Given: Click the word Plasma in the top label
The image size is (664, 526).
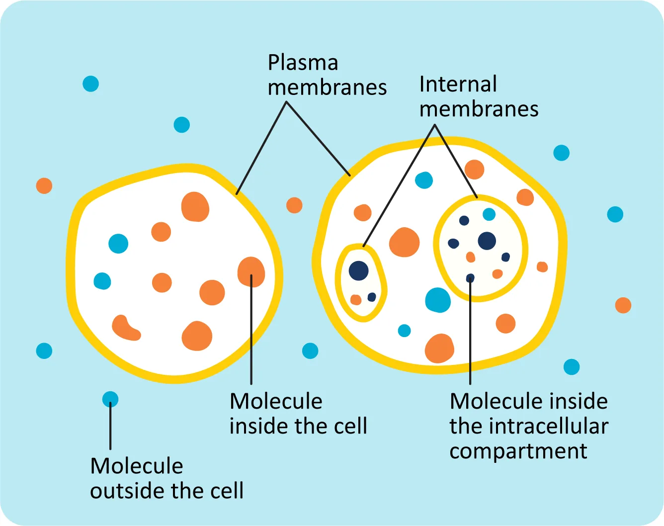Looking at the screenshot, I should coord(303,64).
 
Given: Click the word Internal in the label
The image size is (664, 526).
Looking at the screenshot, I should coord(458,85).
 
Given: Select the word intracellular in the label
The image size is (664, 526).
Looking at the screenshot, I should coord(548,426).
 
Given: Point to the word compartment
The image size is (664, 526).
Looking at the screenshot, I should coord(518,451).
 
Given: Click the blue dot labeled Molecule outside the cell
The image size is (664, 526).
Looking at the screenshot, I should coord(110,399).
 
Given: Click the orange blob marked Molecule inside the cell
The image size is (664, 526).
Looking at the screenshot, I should coord(251,272).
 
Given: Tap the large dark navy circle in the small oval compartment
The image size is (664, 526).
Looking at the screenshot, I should coord(358,271).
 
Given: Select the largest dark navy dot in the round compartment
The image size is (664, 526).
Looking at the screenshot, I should coord(487,241).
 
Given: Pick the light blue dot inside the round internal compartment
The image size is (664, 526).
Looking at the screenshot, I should coord(489,214).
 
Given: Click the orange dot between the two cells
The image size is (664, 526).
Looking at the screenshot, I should coord(294,205).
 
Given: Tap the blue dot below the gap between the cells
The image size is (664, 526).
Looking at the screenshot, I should coord(310,351).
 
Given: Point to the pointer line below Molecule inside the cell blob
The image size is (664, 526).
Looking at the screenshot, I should coord(251,338).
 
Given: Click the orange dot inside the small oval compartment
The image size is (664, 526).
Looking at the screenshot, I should coord(356,300).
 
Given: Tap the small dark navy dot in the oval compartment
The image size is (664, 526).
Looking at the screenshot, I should coord(372,297).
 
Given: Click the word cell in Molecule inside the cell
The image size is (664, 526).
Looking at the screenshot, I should coord(351,427).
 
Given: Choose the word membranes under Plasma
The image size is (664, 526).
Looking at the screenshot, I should coord(327,88).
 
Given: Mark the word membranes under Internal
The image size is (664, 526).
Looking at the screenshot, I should coord(479,109).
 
